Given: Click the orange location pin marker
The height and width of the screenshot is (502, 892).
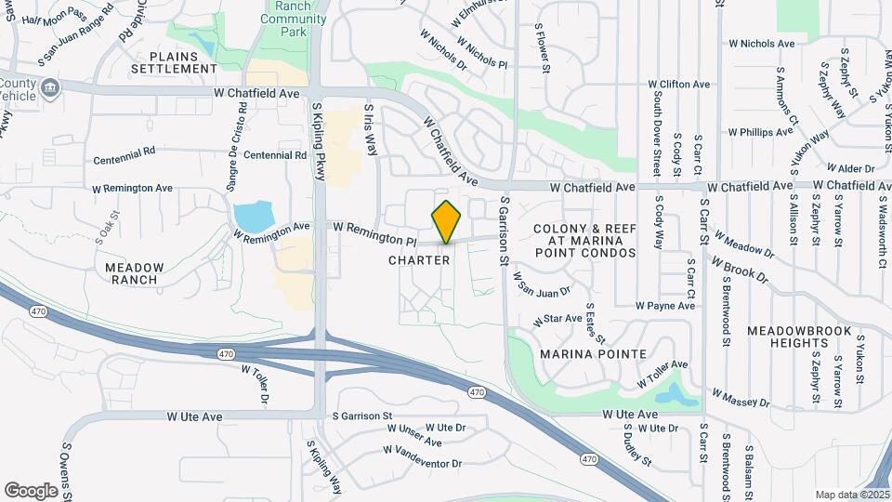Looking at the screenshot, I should click(x=446, y=222).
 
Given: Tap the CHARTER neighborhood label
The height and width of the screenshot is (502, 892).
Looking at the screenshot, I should click(x=419, y=260).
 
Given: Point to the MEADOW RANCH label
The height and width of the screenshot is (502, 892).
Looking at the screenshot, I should click(x=135, y=273).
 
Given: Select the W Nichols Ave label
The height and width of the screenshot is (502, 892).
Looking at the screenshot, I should click(x=761, y=44).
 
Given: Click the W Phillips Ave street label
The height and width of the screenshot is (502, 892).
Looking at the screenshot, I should click(x=760, y=132).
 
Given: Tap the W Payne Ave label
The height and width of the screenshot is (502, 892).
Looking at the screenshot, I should click(x=665, y=305).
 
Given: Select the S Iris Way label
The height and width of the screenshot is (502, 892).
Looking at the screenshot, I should click(x=371, y=129).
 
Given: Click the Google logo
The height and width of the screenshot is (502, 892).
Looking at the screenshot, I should click(x=32, y=490).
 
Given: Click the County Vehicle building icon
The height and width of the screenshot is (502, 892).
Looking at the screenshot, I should click(x=51, y=88).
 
